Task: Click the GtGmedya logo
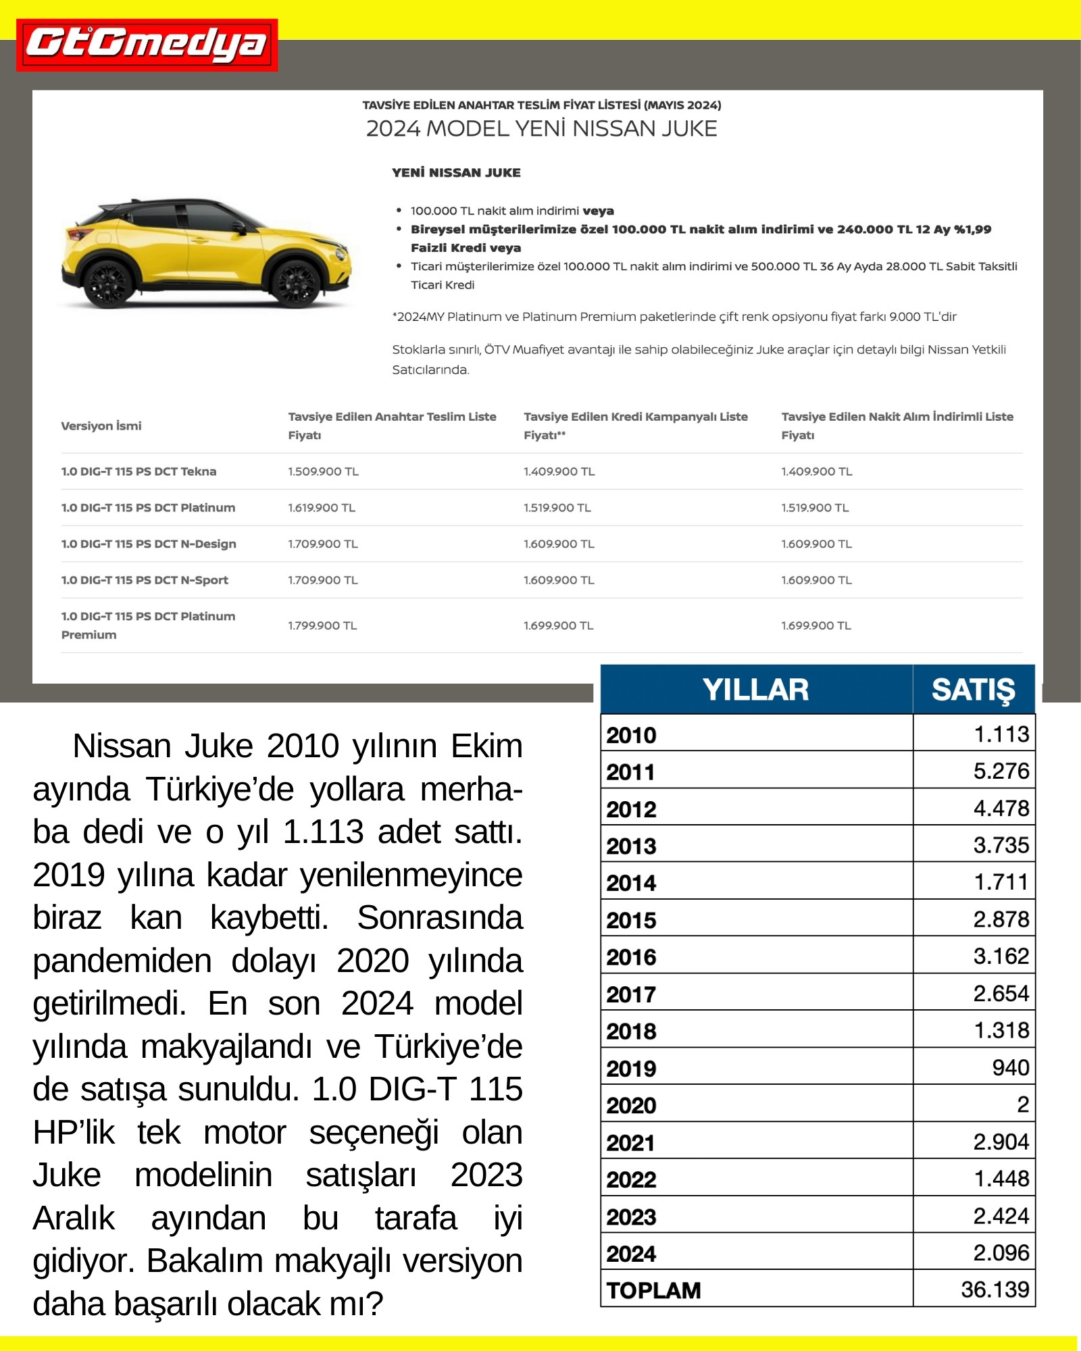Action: pos(147,45)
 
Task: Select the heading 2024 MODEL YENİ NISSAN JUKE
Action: pos(541,128)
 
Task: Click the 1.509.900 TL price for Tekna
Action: pos(323,471)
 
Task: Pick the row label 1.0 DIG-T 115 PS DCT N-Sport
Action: pos(145,580)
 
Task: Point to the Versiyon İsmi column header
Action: pos(101,426)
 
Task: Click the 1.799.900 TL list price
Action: pos(322,626)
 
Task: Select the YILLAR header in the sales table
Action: pos(755,690)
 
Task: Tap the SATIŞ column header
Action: pos(973,690)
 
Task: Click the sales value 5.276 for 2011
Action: pos(1001,771)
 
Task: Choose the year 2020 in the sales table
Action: pos(631,1105)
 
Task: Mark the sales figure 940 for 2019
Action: pos(1010,1067)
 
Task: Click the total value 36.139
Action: pos(995,1290)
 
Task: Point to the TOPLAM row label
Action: pos(653,1290)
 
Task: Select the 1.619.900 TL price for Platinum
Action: pos(322,508)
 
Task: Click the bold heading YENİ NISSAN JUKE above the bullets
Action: pos(456,173)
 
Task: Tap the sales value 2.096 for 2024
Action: pos(1001,1253)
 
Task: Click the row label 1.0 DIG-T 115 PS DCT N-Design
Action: pos(149,544)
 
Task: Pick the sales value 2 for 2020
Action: pos(1023,1104)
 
